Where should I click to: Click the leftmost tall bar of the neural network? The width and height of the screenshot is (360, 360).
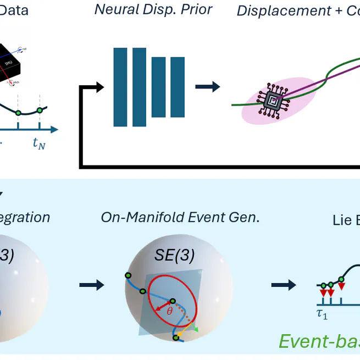click(120, 87)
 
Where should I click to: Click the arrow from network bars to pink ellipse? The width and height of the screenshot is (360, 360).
click(207, 87)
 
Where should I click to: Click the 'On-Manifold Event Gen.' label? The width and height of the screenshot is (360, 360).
click(180, 217)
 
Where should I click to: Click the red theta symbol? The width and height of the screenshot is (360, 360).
click(170, 312)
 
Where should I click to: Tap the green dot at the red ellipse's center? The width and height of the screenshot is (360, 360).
click(173, 301)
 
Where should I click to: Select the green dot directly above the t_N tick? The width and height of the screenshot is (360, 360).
click(40, 111)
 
